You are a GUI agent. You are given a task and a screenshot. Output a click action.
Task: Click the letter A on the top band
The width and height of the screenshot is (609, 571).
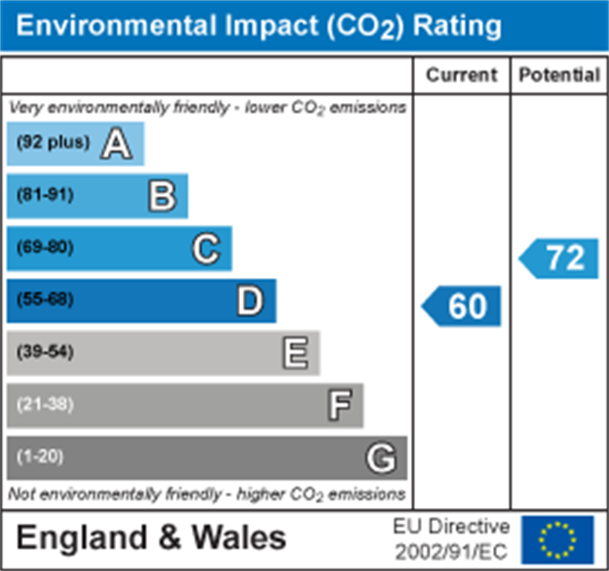pyautogui.click(x=116, y=145)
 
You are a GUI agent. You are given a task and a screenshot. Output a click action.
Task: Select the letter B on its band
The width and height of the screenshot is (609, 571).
pyautogui.click(x=162, y=197)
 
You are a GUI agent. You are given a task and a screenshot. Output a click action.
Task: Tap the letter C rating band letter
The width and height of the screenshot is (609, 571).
pyautogui.click(x=206, y=248)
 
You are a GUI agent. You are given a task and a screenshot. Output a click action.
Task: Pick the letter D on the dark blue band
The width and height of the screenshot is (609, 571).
pyautogui.click(x=250, y=301)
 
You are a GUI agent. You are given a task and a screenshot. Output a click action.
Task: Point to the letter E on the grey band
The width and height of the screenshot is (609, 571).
pyautogui.click(x=295, y=353)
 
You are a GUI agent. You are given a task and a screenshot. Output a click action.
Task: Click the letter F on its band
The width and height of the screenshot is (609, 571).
pyautogui.click(x=339, y=405)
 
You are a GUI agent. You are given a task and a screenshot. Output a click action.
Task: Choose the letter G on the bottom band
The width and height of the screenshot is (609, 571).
pyautogui.click(x=381, y=458)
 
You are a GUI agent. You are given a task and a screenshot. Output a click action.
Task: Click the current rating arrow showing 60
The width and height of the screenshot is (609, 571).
pyautogui.click(x=462, y=306)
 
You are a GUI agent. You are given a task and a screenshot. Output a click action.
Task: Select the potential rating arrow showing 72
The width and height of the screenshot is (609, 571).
pyautogui.click(x=560, y=258)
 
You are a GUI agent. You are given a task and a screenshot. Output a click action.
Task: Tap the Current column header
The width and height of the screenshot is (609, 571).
pyautogui.click(x=461, y=75)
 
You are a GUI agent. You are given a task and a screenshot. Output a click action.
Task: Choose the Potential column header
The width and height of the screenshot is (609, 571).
pyautogui.click(x=559, y=75)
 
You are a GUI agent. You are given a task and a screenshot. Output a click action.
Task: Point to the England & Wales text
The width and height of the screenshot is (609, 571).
pyautogui.click(x=151, y=538)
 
